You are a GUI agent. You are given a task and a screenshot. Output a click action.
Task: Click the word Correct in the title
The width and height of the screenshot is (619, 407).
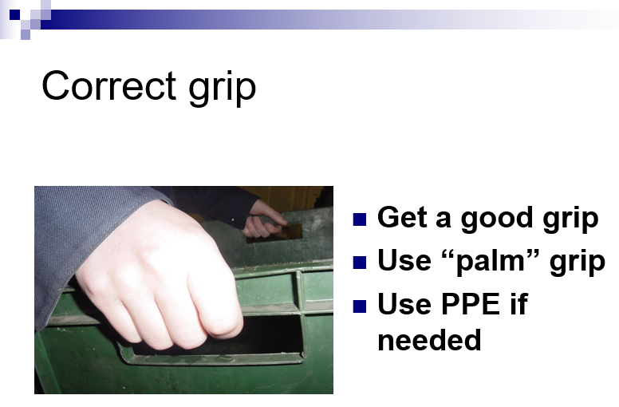[x=108, y=85]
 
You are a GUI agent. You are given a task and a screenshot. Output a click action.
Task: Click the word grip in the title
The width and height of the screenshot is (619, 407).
[x=223, y=89]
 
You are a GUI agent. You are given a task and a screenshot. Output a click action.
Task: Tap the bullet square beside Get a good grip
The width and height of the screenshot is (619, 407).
[x=360, y=219]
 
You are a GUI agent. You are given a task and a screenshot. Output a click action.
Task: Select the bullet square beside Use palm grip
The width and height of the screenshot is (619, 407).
[x=360, y=263]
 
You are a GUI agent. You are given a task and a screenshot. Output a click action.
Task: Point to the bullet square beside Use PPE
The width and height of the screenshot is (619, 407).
[x=360, y=306]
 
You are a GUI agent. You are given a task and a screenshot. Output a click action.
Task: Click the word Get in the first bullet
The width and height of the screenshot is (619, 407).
[x=402, y=218]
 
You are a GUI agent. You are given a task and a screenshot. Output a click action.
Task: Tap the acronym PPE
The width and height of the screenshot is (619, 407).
[x=471, y=304]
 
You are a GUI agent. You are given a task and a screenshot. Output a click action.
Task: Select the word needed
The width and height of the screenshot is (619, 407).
[x=429, y=339]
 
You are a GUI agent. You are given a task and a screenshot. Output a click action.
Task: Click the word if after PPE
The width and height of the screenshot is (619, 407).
[x=518, y=304]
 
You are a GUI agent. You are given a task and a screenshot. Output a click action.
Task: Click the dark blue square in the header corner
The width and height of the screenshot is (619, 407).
[x=14, y=14]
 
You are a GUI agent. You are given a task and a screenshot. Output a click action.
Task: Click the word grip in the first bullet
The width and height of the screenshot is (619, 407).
[x=570, y=219]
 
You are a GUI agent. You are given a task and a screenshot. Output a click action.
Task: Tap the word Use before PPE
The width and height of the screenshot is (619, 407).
[x=404, y=304]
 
